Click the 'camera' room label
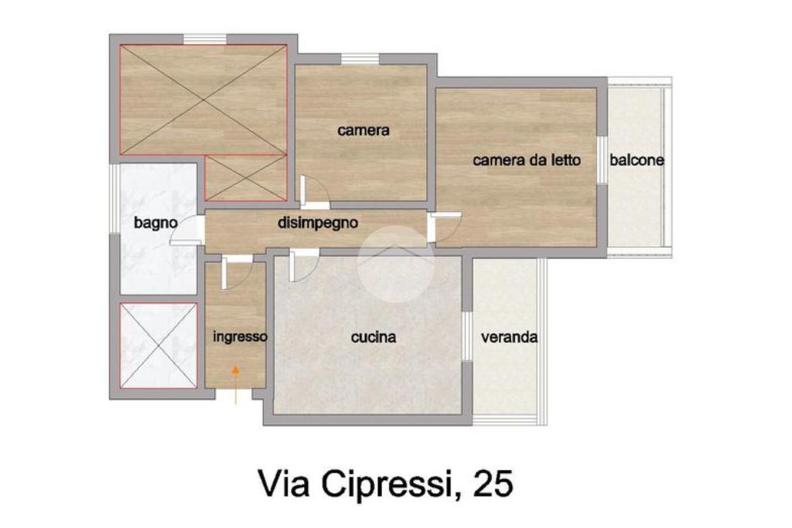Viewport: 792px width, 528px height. (x=364, y=131)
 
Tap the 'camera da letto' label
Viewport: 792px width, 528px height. (x=526, y=160)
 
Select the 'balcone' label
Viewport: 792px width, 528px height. (x=637, y=160)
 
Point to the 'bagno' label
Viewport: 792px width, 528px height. (x=155, y=222)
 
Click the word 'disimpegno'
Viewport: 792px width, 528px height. (x=318, y=222)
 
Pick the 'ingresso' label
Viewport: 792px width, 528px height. (x=240, y=337)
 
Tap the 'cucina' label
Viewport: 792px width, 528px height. (x=374, y=337)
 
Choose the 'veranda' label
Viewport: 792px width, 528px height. (x=509, y=337)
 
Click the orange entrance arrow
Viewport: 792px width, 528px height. (x=235, y=385)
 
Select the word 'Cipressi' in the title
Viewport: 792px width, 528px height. (x=384, y=485)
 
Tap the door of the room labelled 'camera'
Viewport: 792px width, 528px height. (x=314, y=192)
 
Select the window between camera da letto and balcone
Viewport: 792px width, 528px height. (x=602, y=160)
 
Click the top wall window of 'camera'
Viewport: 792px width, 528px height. (x=360, y=59)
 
